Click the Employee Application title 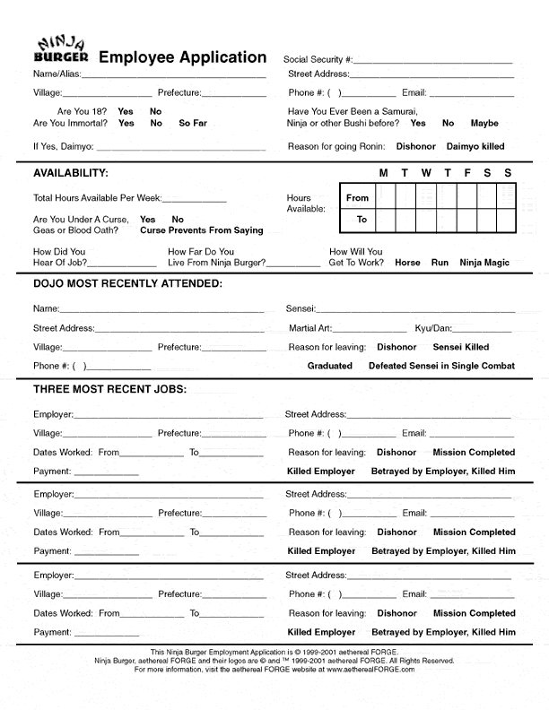click(182, 57)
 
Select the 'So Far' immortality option click(193, 124)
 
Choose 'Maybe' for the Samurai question click(484, 124)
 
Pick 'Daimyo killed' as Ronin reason click(475, 146)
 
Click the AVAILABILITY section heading click(71, 173)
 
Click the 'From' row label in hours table click(357, 198)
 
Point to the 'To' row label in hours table click(362, 220)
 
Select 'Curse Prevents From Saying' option click(202, 230)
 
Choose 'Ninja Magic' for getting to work click(484, 264)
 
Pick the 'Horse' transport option click(407, 264)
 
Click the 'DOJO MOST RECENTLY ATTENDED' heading click(127, 284)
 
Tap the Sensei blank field click(415, 309)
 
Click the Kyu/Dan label click(433, 329)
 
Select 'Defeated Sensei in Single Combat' click(441, 366)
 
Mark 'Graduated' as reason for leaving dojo click(329, 366)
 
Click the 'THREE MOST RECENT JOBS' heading click(109, 389)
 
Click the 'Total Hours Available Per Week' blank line click(194, 199)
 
